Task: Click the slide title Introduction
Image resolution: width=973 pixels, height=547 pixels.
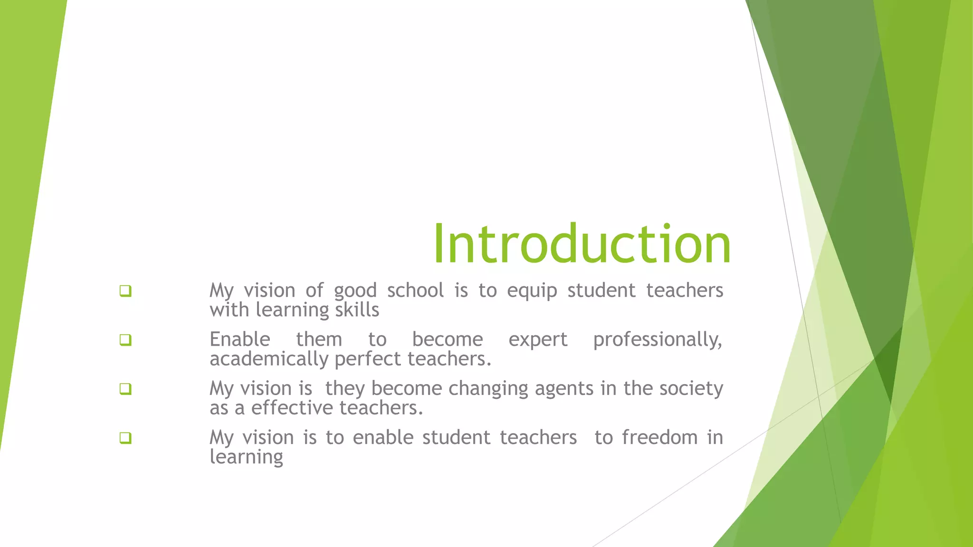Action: coord(582,244)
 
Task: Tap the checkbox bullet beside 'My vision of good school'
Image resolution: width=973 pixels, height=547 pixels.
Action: coord(125,291)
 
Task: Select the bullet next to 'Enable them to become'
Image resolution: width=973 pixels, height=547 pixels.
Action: coord(125,340)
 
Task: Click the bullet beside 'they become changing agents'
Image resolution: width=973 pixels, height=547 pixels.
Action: coord(125,389)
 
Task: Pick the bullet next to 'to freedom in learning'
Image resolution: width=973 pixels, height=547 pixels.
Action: coord(125,437)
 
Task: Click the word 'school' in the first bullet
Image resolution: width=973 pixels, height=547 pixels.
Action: coord(415,290)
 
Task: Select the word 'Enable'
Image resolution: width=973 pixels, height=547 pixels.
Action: coord(240,340)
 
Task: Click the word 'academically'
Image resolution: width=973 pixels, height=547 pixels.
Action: coord(269,359)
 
